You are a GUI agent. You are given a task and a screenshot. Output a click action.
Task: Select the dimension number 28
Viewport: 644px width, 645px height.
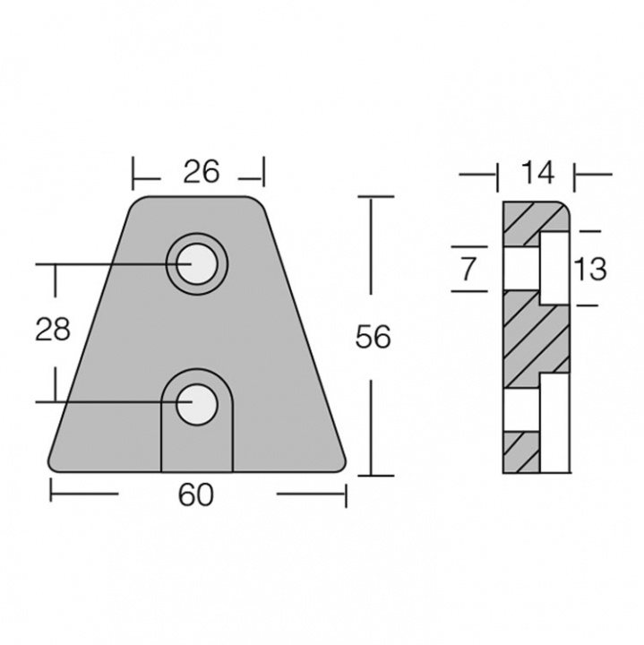(52, 330)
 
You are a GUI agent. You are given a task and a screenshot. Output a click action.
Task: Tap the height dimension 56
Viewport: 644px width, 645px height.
(374, 338)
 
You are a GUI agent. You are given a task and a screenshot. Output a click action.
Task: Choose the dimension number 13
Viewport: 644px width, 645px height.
(591, 268)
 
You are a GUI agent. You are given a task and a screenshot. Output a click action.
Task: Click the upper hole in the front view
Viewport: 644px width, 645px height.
(195, 264)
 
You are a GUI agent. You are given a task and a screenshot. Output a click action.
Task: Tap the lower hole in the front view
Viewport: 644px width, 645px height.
(195, 402)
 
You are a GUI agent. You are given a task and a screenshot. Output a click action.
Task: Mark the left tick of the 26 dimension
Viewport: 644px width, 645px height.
(133, 170)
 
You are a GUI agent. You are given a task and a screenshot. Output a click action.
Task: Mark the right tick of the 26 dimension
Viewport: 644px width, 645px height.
(265, 170)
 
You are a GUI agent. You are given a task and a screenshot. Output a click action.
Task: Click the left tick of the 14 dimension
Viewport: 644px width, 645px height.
(498, 175)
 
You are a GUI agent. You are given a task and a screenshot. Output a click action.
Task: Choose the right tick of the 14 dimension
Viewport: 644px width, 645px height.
(573, 175)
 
